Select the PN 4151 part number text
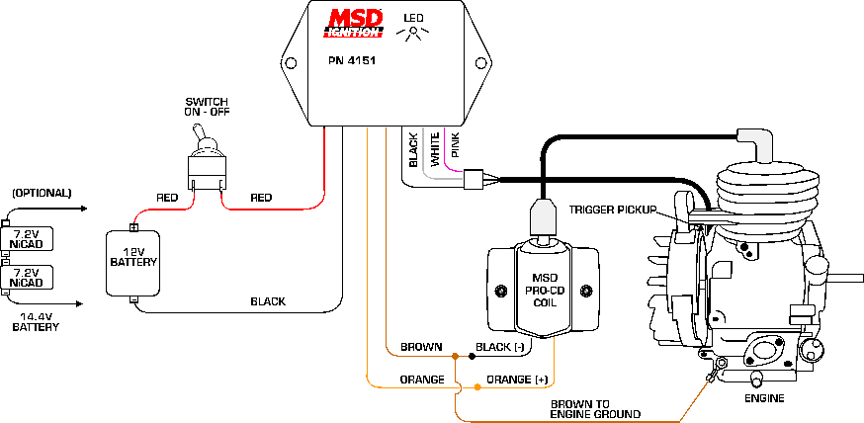(352, 61)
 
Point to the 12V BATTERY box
(133, 263)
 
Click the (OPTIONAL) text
(42, 193)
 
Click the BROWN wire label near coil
(419, 348)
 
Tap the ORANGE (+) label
(517, 379)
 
